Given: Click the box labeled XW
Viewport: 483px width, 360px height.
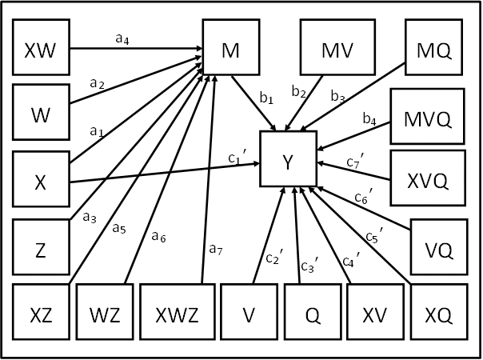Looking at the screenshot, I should pos(41,50).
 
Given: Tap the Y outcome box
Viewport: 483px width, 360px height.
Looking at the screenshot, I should pos(288,160).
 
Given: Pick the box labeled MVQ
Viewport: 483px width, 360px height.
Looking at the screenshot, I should pos(428,120).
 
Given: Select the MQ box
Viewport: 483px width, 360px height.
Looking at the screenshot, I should pos(434,50).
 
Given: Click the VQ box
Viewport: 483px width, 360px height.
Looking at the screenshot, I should pos(439,250).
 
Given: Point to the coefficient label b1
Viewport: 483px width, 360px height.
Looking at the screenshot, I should pos(266,99).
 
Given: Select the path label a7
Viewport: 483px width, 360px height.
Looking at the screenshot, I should pos(215,249).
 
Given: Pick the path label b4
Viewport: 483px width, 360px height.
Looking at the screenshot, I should pos(369,121).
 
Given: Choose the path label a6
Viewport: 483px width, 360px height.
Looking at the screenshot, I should pos(158,235).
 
